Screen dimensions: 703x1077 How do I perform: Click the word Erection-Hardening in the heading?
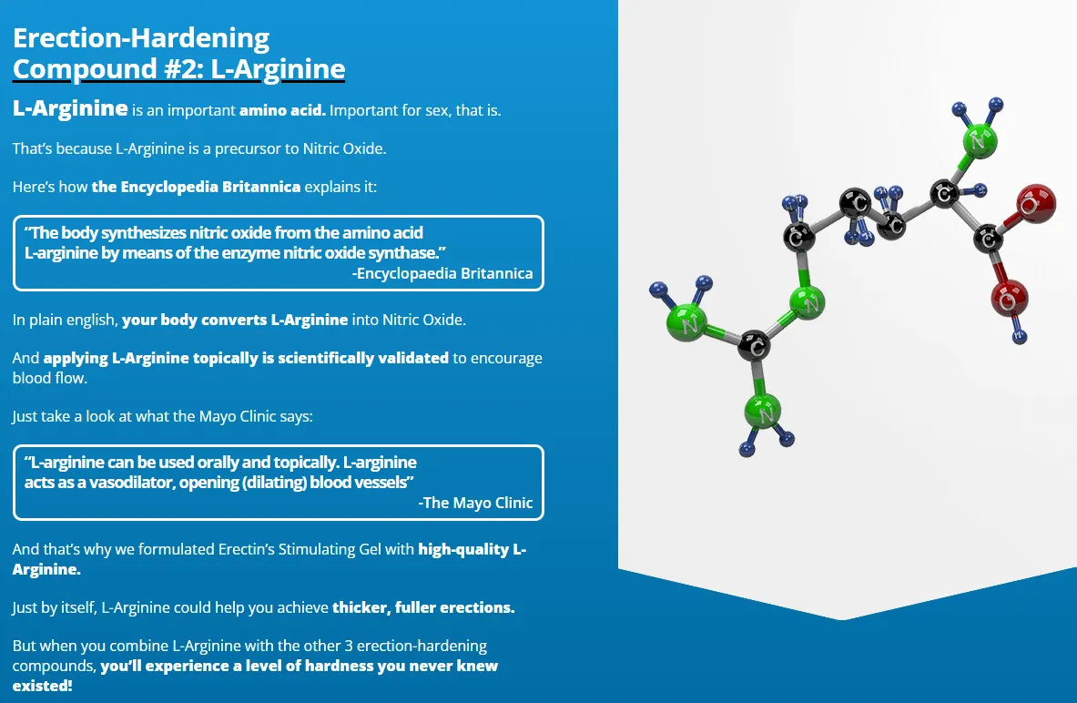coord(141,38)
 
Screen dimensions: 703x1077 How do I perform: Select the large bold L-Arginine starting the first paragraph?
coord(70,109)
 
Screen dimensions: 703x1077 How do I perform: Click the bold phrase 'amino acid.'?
coord(282,111)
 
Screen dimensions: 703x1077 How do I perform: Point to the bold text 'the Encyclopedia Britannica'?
coord(196,187)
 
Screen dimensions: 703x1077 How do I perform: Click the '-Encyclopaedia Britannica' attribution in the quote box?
coord(442,273)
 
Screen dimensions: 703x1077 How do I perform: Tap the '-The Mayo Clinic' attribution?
coord(475,503)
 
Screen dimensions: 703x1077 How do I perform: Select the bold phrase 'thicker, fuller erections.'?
coord(423,607)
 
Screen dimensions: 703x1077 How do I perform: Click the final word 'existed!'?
coord(42,684)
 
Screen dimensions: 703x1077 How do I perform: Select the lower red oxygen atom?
coord(1008,297)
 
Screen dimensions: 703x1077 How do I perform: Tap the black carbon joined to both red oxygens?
coord(989,239)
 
